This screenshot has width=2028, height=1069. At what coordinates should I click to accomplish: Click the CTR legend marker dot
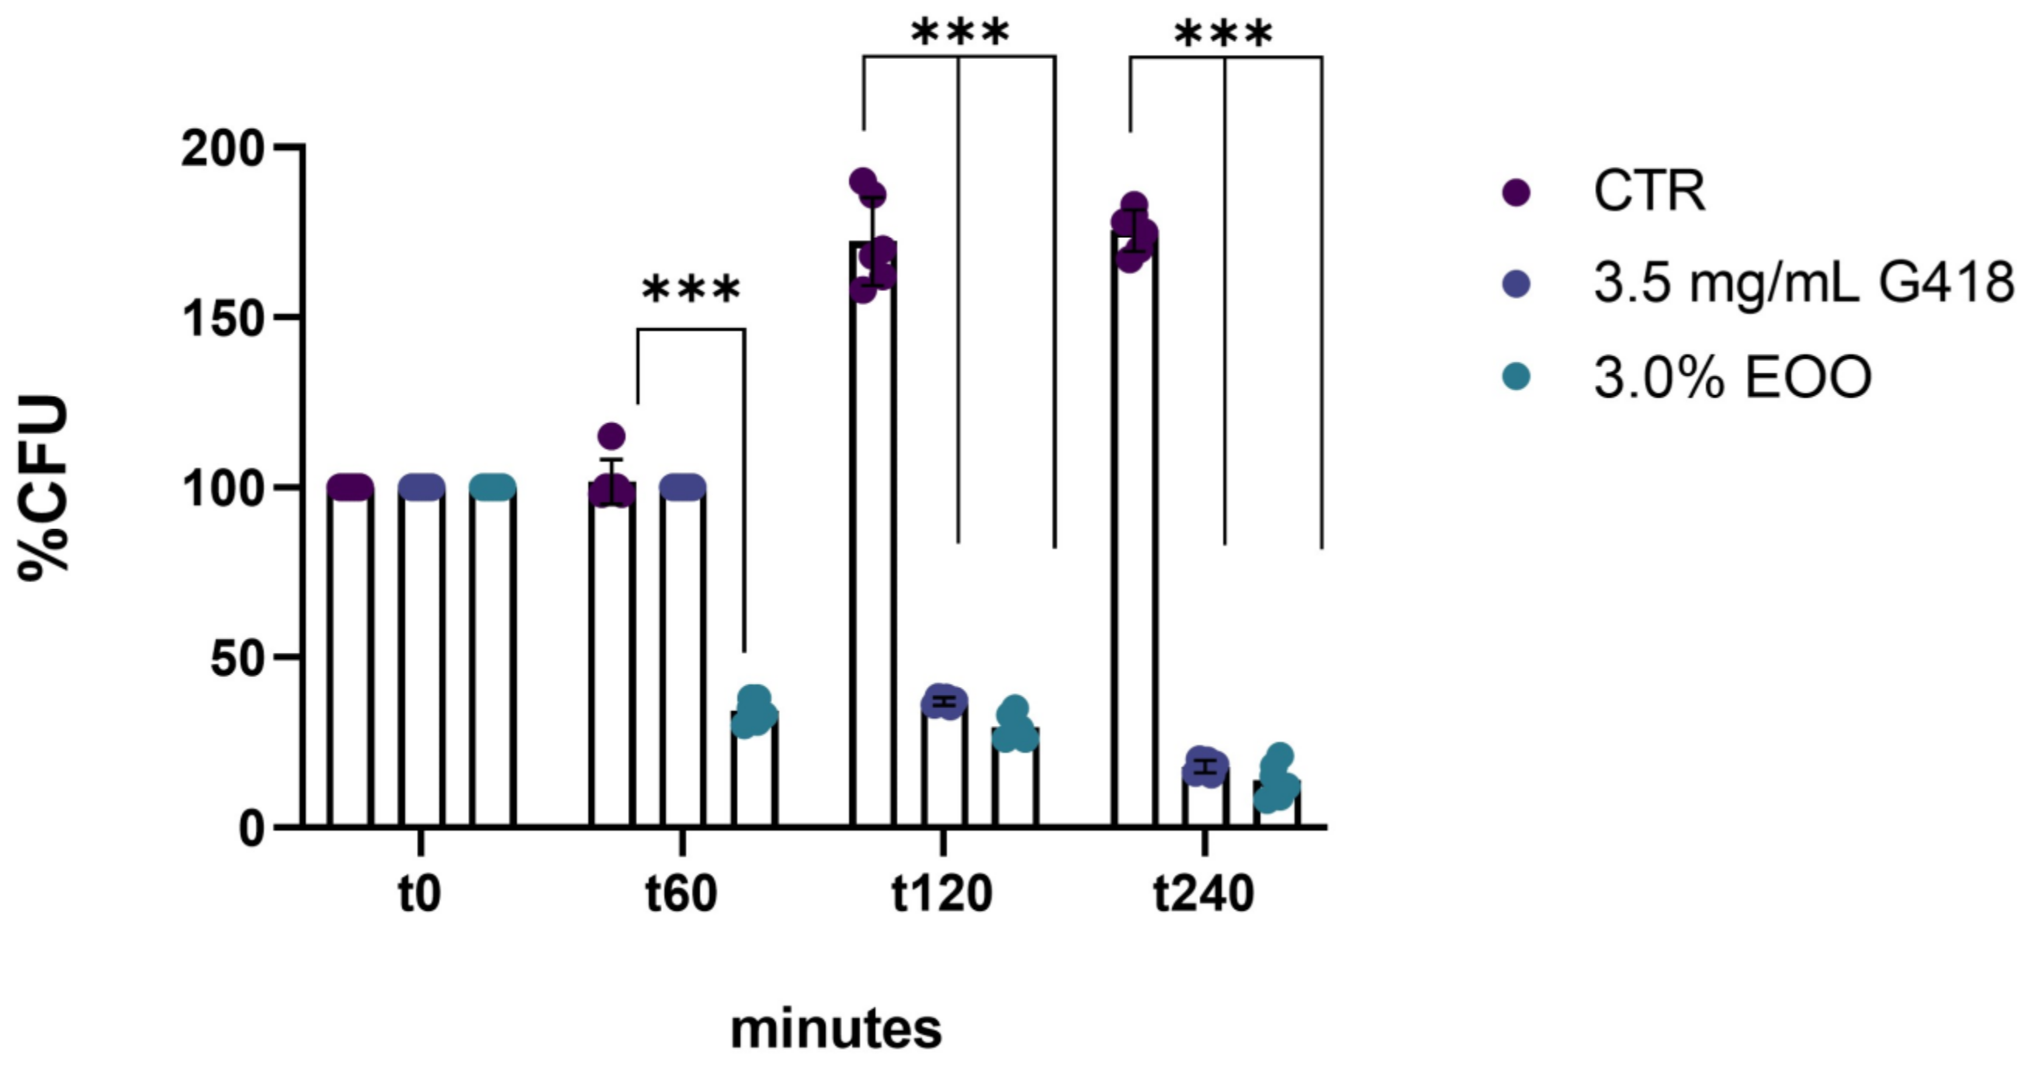click(1517, 192)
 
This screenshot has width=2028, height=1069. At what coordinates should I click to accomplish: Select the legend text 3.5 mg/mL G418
click(1803, 283)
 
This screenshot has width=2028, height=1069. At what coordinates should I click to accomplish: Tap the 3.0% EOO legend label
click(1732, 378)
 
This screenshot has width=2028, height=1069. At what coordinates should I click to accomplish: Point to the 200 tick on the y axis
click(220, 148)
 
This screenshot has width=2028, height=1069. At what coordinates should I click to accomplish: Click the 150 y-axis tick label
click(220, 318)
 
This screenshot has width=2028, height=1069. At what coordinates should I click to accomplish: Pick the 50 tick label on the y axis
click(236, 658)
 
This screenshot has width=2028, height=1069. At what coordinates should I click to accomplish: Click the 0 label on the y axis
click(252, 829)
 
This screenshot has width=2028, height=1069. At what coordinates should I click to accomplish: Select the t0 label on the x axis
click(420, 895)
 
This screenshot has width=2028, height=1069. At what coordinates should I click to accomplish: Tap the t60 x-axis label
click(681, 895)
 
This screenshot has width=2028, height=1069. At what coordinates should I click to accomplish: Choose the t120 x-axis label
click(942, 895)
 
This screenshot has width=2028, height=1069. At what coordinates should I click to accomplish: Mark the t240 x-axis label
click(1204, 895)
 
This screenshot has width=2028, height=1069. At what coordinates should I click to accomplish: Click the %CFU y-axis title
click(43, 488)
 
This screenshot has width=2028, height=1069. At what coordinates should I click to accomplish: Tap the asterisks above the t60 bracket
click(692, 291)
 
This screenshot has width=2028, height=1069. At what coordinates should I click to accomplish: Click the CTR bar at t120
click(873, 551)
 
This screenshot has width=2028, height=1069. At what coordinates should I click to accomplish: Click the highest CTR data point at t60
click(611, 436)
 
